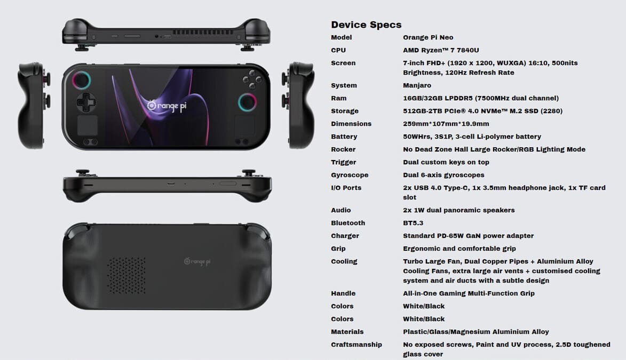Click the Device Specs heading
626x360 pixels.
point(366,25)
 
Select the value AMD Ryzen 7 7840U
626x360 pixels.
point(441,50)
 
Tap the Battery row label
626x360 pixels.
point(344,137)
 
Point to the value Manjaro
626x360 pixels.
point(417,85)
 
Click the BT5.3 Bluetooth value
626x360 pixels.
point(413,223)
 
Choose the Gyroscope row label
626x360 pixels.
point(350,175)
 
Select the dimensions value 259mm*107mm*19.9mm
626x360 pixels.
point(446,124)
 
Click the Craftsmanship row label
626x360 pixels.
point(356,345)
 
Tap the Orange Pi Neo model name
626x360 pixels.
point(428,37)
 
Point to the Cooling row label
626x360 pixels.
point(344,261)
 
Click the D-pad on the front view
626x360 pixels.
point(86,102)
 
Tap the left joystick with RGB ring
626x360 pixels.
point(82,81)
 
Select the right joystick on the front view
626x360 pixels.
point(247,102)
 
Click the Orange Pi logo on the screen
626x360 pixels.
point(167,106)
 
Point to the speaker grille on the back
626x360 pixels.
point(126,275)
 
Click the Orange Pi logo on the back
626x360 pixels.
point(197,261)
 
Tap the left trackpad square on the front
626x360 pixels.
point(87,126)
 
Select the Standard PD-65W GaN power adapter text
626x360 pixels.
point(468,236)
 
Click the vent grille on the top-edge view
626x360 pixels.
point(202,32)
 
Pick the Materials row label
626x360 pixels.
point(347,332)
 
